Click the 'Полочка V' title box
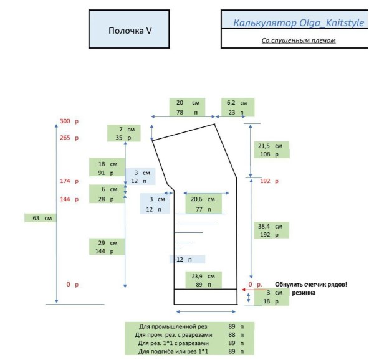coord(129,29)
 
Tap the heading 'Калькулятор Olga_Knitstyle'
coord(299,23)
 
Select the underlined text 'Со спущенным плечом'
coord(299,40)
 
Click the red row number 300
coord(65,121)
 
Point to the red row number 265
coord(65,138)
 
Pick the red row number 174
coord(65,181)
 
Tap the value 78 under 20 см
coord(180,112)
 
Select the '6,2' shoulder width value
coord(231,103)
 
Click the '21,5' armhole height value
coord(264,146)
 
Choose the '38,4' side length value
coord(264,227)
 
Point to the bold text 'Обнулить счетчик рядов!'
coord(311,285)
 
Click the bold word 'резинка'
coord(304,293)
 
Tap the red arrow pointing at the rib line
coord(254,290)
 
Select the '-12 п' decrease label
coord(183,260)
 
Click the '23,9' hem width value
coord(197,276)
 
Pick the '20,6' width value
coord(196,199)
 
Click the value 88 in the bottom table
coord(232,334)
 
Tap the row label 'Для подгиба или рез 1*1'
coord(173,351)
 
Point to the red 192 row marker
coord(265,181)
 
